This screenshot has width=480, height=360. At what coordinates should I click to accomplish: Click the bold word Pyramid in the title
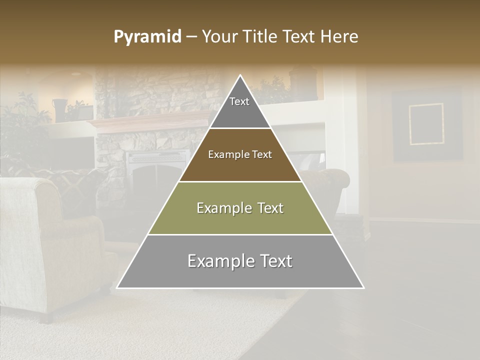pyautogui.click(x=147, y=37)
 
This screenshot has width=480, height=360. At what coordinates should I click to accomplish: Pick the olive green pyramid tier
pyautogui.click(x=240, y=208)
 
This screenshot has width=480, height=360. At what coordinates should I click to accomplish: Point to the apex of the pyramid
pyautogui.click(x=240, y=76)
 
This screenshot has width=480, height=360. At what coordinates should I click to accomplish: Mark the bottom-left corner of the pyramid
pyautogui.click(x=117, y=288)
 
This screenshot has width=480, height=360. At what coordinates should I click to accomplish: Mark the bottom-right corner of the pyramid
pyautogui.click(x=363, y=288)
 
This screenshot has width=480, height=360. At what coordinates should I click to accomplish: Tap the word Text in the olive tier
pyautogui.click(x=266, y=208)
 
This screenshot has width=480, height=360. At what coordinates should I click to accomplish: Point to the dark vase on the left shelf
pyautogui.click(x=59, y=110)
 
